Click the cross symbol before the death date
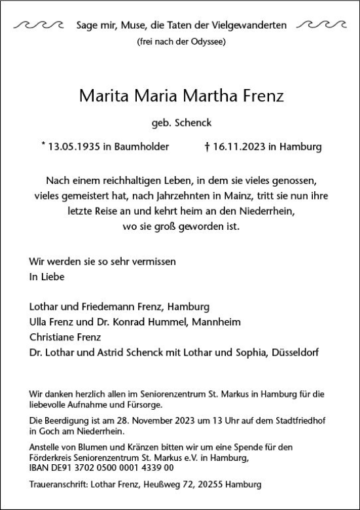207,147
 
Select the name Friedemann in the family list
105,306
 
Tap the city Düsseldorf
295,354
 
